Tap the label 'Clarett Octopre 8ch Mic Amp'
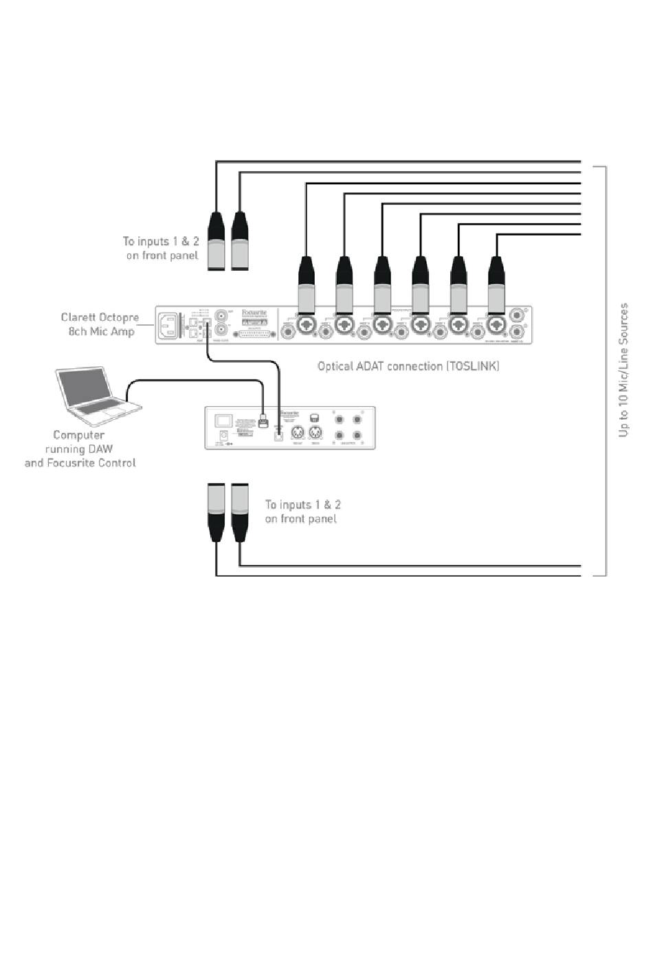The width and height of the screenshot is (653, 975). [x=100, y=324]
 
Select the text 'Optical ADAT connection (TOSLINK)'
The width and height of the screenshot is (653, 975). [x=408, y=366]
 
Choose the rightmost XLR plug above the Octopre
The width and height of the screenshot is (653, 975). [x=496, y=282]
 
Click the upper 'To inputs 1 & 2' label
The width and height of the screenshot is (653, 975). [x=161, y=248]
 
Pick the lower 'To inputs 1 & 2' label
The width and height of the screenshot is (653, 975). [x=302, y=511]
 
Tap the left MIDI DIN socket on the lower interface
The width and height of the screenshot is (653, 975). [x=298, y=433]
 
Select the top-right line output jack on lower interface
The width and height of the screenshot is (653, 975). [x=357, y=419]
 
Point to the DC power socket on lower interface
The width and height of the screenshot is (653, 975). [x=223, y=435]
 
